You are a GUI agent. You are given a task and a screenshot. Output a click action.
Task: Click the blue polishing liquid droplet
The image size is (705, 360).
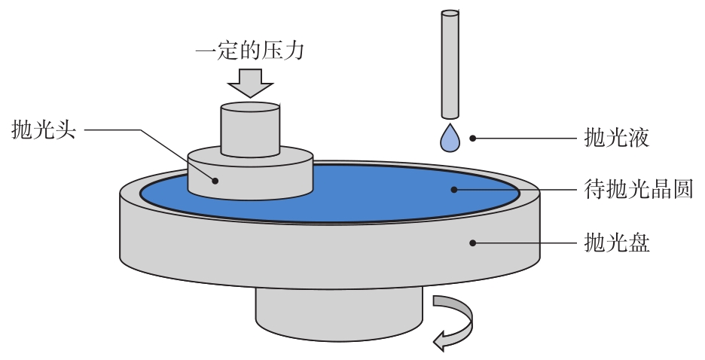point(449,138)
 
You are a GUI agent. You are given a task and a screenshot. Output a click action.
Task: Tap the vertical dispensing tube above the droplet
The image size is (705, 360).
point(449,64)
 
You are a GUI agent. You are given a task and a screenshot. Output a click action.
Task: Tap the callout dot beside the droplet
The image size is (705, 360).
point(474,138)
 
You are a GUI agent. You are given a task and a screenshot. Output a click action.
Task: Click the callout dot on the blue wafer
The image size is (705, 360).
point(454,188)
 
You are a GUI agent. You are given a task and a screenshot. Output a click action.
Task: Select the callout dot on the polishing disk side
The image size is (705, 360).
point(474,243)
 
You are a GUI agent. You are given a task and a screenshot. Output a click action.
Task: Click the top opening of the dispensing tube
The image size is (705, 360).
point(449,14)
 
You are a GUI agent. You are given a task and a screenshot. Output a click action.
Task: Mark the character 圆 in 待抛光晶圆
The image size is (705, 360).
point(682,188)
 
